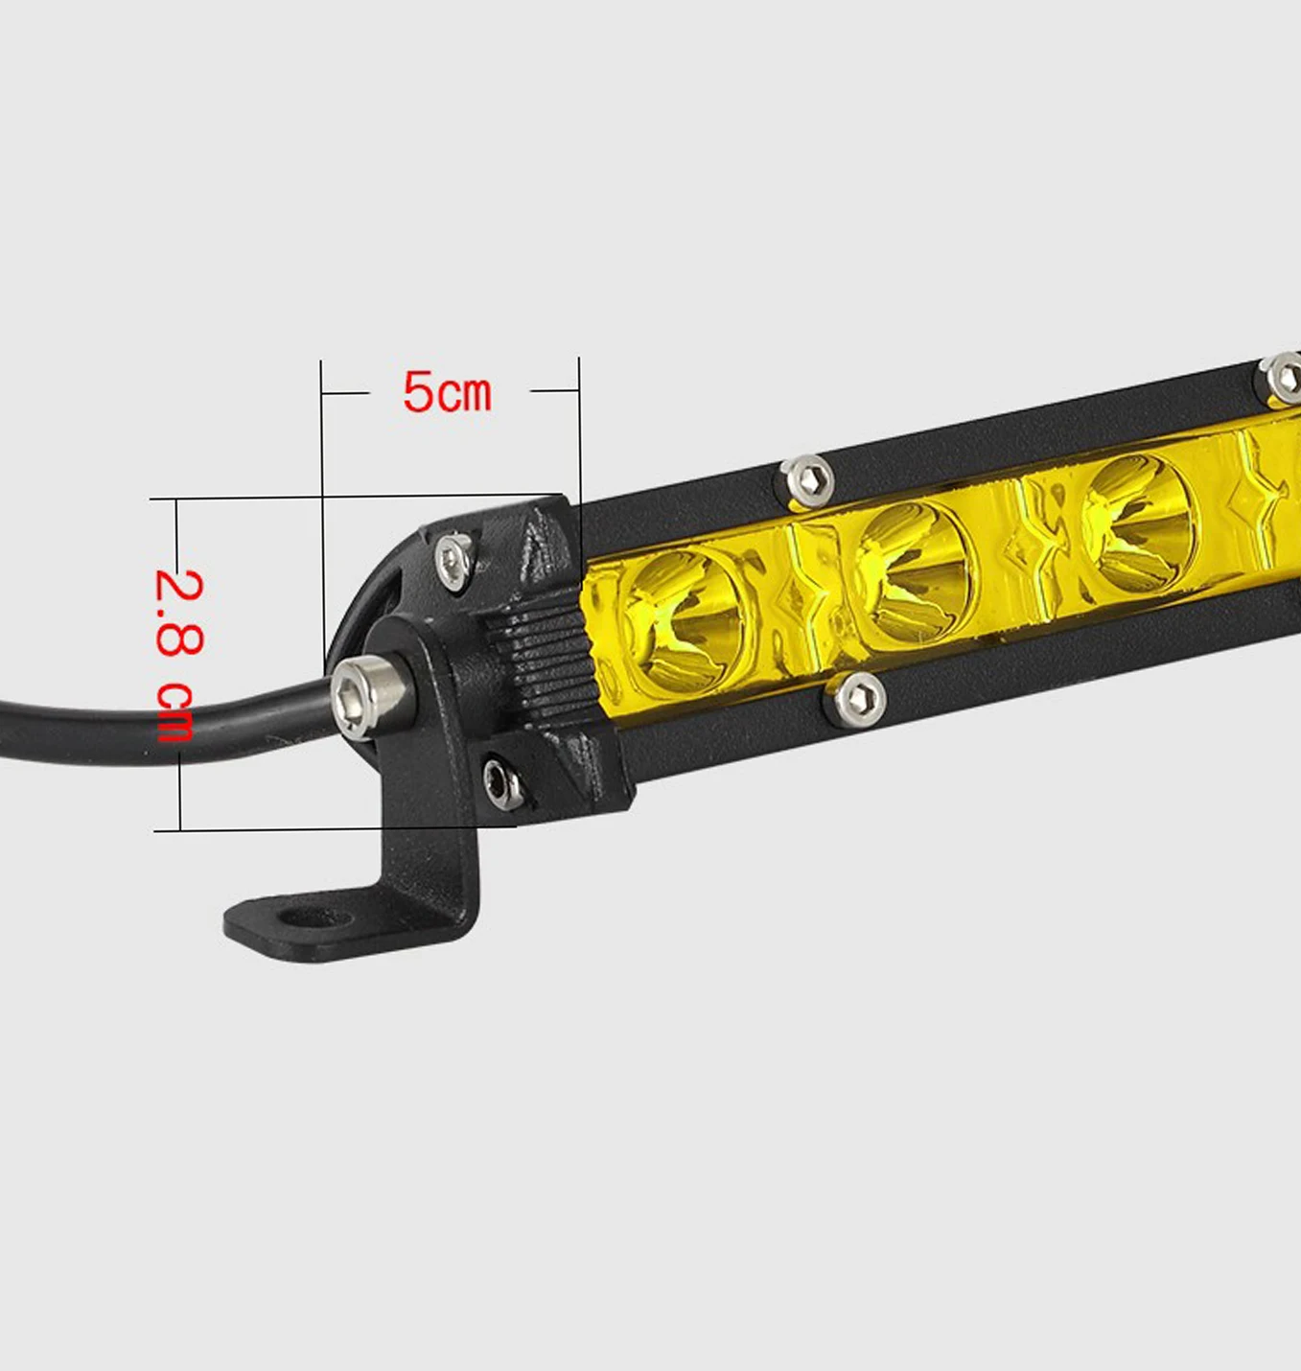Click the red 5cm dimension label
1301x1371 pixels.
pos(447,393)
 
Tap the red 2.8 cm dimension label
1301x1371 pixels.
pos(178,656)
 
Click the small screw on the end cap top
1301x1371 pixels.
pos(453,560)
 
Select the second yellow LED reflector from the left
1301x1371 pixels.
pos(913,573)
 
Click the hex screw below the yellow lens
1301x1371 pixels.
pos(857,700)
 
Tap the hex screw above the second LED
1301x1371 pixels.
pos(806,479)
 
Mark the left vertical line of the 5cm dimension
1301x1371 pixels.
pos(322,499)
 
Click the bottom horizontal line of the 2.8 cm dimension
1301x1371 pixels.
pos(288,829)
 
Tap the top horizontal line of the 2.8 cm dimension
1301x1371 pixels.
pos(288,498)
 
